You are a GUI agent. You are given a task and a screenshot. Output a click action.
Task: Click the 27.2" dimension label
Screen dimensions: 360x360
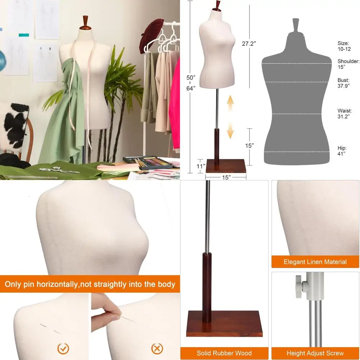[248, 44]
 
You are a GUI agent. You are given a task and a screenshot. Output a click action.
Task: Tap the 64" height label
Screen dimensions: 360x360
[191, 88]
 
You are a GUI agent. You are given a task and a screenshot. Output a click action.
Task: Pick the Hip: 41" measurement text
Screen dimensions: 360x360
[342, 150]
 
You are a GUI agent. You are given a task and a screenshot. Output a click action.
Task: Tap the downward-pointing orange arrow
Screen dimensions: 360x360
[230, 130]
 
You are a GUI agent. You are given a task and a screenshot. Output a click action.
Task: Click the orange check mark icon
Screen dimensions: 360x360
[63, 348]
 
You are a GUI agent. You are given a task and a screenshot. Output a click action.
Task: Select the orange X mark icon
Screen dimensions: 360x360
[157, 348]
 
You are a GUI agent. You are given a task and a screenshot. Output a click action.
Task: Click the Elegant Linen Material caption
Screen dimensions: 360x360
[315, 262]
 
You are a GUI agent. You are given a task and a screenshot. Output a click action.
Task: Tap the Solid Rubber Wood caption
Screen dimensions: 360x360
[224, 353]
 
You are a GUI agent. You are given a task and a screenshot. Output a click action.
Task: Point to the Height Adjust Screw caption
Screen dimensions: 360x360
[315, 353]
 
